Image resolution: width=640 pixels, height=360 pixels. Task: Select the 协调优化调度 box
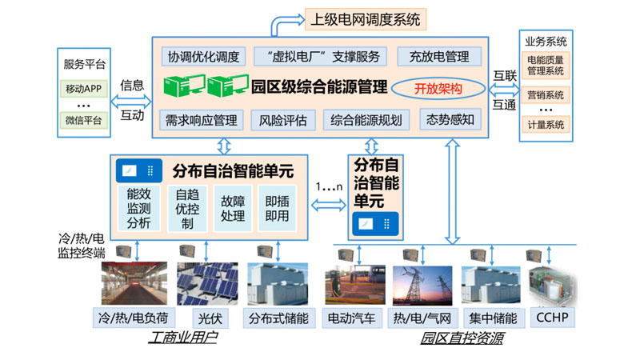(202, 57)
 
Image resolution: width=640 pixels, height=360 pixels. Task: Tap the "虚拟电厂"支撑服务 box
(320, 57)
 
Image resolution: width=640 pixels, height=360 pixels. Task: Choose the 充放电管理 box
(438, 57)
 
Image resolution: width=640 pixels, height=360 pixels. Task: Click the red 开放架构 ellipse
(438, 88)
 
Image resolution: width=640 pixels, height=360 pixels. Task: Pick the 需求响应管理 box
(201, 120)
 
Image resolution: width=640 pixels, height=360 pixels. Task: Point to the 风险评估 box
(282, 120)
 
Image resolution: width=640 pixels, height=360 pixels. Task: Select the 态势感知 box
(451, 119)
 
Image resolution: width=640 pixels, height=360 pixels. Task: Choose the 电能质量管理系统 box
(546, 65)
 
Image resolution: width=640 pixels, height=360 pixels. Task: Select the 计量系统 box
(546, 124)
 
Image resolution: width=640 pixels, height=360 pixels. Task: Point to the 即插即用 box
(278, 208)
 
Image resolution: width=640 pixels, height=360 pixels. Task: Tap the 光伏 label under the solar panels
(208, 318)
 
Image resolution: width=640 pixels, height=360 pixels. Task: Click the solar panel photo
(207, 282)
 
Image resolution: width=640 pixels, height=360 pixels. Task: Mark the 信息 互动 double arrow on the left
(133, 100)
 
